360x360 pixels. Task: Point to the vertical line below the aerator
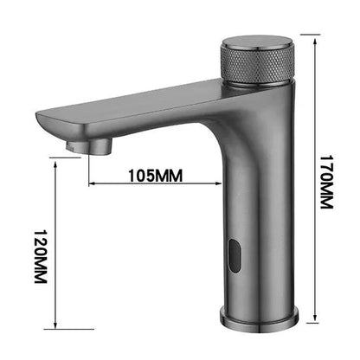click(88, 169)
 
